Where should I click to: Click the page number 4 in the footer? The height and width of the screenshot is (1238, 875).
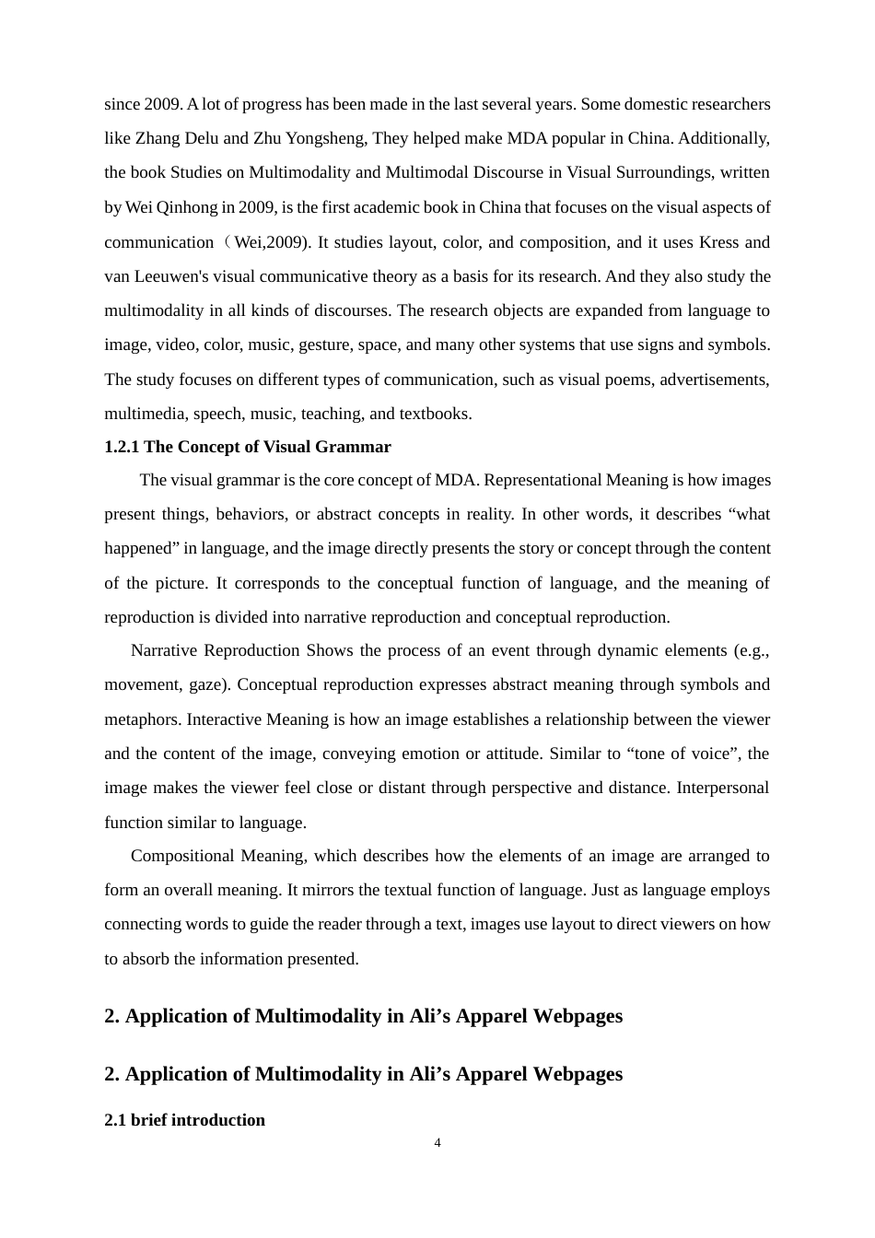437,1143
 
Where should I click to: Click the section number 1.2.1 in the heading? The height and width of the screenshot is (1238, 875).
122,447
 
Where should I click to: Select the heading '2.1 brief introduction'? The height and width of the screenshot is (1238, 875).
184,1120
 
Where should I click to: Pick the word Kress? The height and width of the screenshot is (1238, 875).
719,242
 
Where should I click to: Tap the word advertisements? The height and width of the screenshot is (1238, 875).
715,380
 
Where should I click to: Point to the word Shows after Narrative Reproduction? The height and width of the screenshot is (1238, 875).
329,650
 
